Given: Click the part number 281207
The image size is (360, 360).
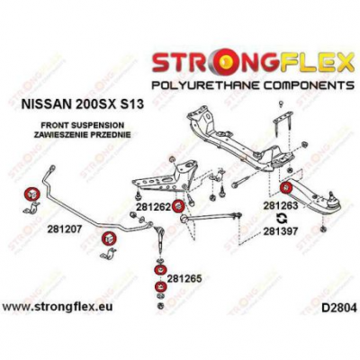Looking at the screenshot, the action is pyautogui.click(x=65, y=229).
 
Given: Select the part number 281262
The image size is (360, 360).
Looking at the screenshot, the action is pyautogui.click(x=153, y=207).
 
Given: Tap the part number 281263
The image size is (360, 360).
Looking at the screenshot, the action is pyautogui.click(x=281, y=206).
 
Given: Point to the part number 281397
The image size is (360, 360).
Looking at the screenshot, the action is pyautogui.click(x=281, y=231).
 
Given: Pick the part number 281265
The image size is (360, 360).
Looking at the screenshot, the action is pyautogui.click(x=184, y=279).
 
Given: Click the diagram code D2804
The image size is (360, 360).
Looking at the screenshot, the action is pyautogui.click(x=338, y=308).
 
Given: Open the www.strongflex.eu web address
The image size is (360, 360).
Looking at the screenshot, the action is pyautogui.click(x=58, y=307).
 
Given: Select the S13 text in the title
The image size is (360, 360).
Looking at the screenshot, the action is pyautogui.click(x=131, y=104).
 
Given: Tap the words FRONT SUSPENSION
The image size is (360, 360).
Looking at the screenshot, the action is pyautogui.click(x=82, y=125).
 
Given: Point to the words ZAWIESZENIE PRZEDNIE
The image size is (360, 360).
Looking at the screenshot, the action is pyautogui.click(x=82, y=135).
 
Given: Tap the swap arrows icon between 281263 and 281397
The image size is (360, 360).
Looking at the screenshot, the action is pyautogui.click(x=281, y=219).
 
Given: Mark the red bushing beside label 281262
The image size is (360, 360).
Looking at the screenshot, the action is pyautogui.click(x=179, y=206).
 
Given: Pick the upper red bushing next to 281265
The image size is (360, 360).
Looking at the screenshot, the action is pyautogui.click(x=159, y=270).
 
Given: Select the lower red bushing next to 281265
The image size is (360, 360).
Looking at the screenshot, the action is pyautogui.click(x=159, y=287).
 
